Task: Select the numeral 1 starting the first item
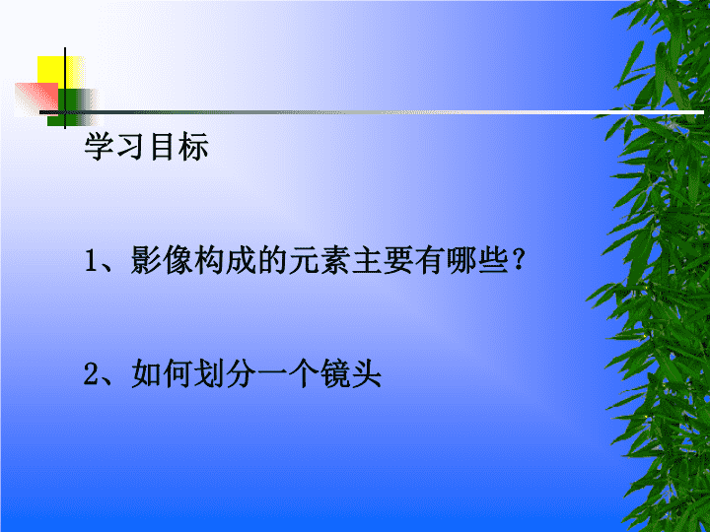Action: [92, 262]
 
